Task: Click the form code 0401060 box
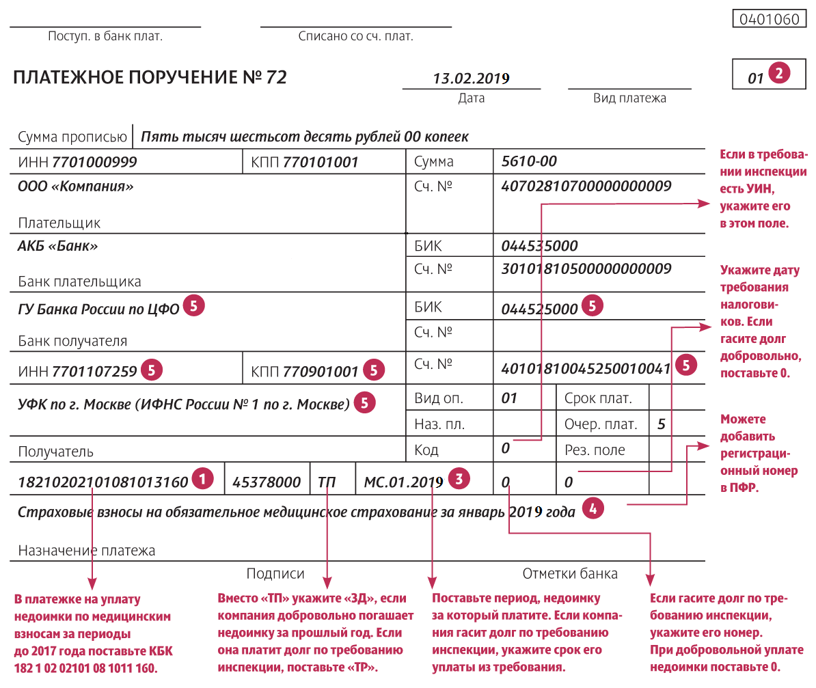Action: pos(769,19)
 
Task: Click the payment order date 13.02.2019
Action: pos(471,78)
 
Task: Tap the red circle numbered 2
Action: pos(779,72)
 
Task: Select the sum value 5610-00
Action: pos(529,162)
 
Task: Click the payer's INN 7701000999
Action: pos(94,163)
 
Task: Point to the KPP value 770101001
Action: pos(321,163)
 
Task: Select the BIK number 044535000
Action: pos(539,246)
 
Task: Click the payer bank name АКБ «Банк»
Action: pos(57,246)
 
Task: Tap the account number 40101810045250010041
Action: pos(586,368)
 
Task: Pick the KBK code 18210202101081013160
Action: pos(103,482)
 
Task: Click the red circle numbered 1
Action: pos(202,478)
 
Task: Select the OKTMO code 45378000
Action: pos(267,482)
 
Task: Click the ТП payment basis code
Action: pos(327,482)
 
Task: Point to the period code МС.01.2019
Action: pos(403,482)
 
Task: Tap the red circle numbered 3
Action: pos(458,478)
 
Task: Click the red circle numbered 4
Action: pos(593,508)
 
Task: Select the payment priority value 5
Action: pos(661,424)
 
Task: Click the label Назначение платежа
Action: pos(87,550)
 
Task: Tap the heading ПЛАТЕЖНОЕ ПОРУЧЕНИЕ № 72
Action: pos(150,77)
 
